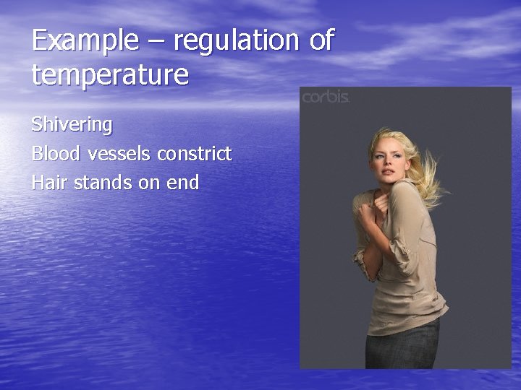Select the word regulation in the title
(x=234, y=41)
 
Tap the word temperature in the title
(x=110, y=74)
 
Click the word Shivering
(x=72, y=125)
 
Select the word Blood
(x=56, y=154)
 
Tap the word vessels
(x=119, y=154)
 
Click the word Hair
(x=48, y=183)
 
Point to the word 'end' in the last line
(x=182, y=183)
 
